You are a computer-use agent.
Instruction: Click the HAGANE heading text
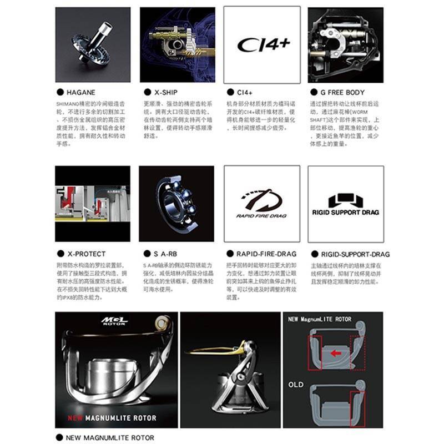(x=81, y=92)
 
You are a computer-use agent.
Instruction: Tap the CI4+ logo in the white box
(x=263, y=44)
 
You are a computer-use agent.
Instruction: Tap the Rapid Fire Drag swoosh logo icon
(x=261, y=199)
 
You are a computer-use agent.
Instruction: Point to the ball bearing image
(x=176, y=203)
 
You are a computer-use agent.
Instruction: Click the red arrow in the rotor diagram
(x=334, y=351)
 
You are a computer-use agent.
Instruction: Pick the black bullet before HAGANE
(x=59, y=92)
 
